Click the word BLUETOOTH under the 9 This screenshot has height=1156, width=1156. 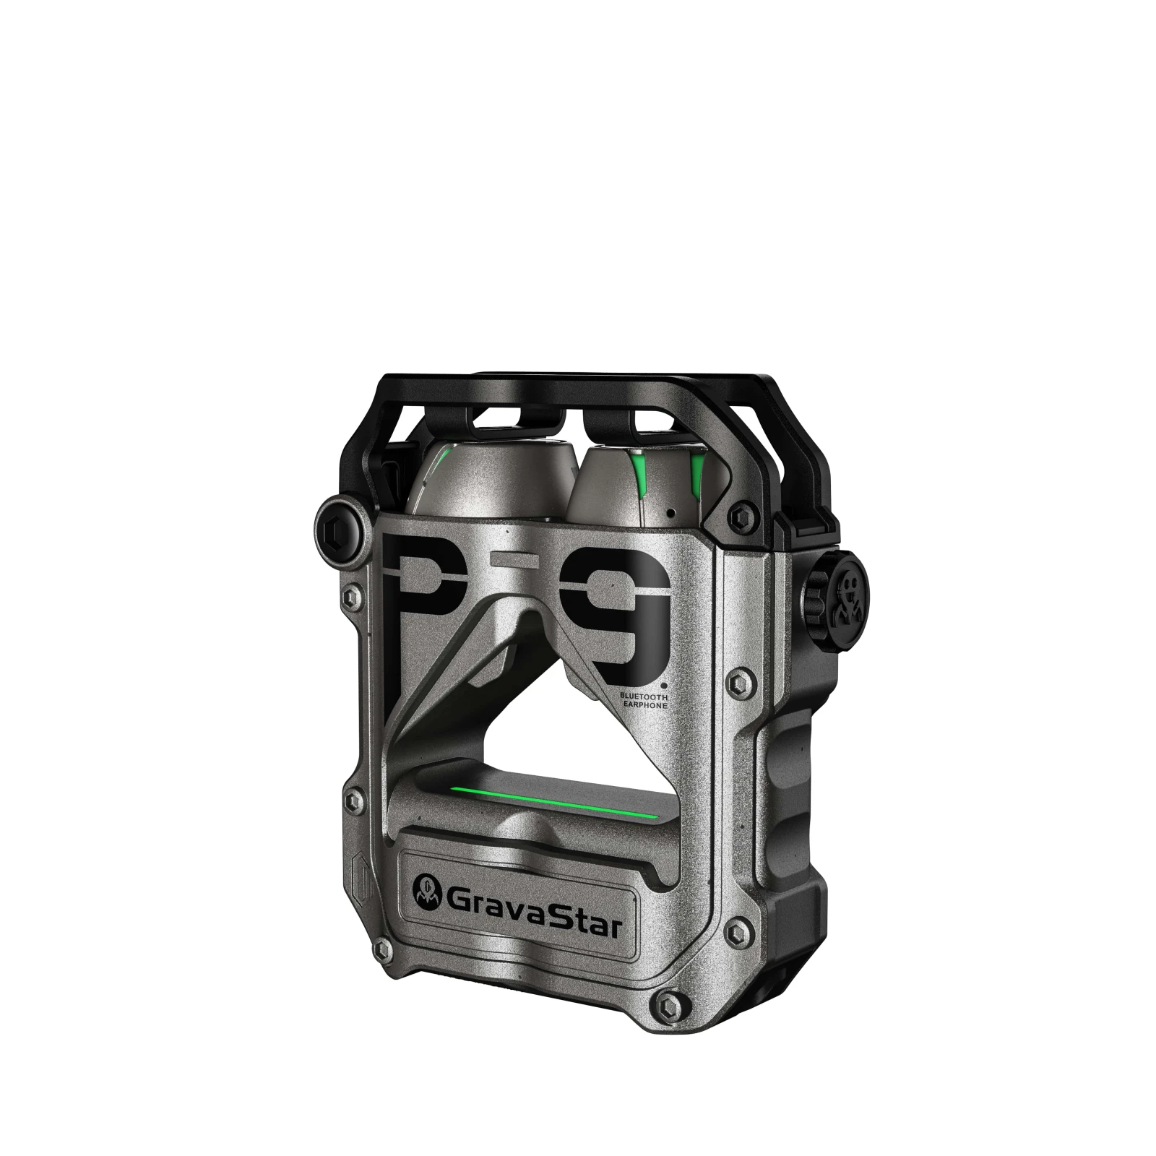pos(643,694)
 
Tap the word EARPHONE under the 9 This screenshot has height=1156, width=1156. pos(644,703)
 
